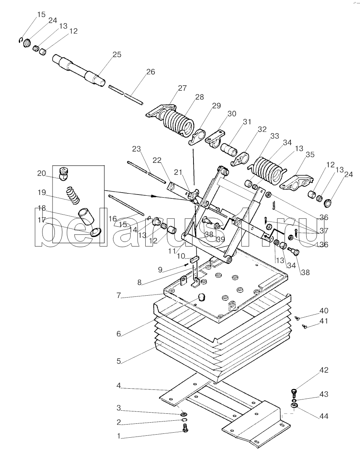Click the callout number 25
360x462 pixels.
[117, 55]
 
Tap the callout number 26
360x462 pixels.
[150, 72]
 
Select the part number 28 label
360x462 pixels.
[199, 97]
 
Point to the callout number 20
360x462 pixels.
[42, 173]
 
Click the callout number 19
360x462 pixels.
[42, 193]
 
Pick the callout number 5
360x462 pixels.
[119, 361]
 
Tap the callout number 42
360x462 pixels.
[324, 371]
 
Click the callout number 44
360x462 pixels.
[324, 416]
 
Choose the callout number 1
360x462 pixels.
[119, 436]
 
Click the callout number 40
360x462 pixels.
[324, 311]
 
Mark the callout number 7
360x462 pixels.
[119, 296]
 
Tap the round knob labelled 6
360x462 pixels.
[201, 298]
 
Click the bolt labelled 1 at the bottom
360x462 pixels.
[185, 428]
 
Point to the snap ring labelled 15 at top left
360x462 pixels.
[20, 40]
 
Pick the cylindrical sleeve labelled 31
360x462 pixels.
[229, 149]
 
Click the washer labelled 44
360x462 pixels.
[294, 406]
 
